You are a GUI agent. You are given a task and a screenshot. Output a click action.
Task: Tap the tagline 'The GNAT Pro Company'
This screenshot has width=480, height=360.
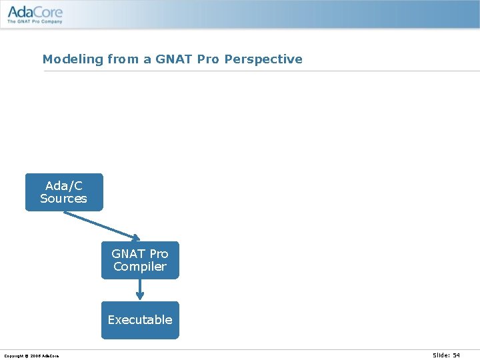[x=35, y=21]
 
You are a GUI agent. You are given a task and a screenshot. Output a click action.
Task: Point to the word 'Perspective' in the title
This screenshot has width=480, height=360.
[x=265, y=59]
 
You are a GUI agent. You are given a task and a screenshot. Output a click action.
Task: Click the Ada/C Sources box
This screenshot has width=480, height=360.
[x=64, y=192]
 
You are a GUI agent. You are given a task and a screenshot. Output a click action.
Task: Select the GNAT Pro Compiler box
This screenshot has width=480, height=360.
[x=140, y=260]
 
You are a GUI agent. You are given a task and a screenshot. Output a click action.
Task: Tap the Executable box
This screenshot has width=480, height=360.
[x=140, y=320]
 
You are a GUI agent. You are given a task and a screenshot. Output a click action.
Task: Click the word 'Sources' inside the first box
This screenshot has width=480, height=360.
[x=63, y=199]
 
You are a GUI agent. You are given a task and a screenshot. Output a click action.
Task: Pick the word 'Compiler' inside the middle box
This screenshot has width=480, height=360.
[x=140, y=267]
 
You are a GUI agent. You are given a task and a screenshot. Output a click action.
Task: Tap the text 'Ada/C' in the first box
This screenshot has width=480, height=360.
[x=64, y=186]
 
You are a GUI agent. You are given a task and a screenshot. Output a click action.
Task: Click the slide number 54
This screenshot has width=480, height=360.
[x=456, y=355]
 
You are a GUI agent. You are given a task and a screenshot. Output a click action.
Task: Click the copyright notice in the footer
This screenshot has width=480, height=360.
[x=31, y=356]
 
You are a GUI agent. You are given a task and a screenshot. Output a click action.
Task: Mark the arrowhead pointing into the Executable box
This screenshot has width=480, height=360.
[x=140, y=297]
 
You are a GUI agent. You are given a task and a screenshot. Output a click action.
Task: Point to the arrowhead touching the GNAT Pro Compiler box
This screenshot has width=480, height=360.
[x=135, y=237]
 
